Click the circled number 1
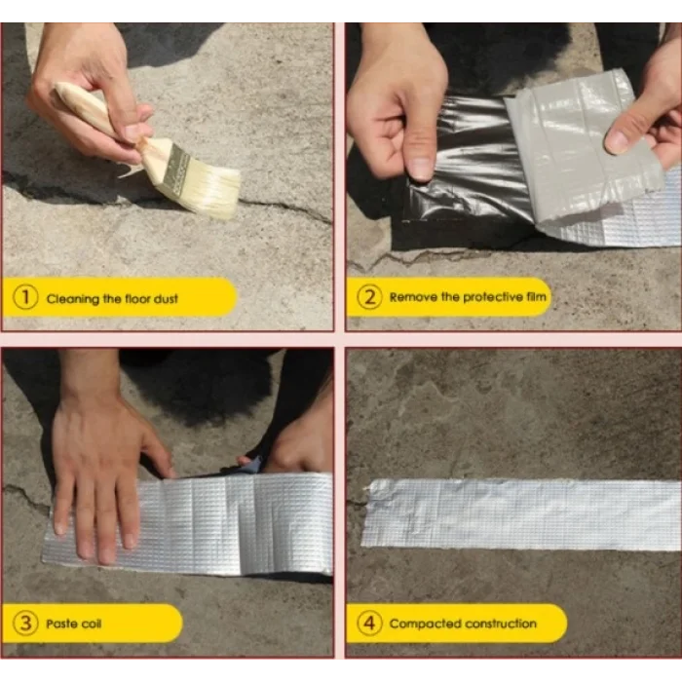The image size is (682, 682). click(x=25, y=299)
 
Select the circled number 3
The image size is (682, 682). click(x=25, y=624)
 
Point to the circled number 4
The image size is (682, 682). click(x=368, y=624)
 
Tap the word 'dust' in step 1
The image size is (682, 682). click(x=166, y=299)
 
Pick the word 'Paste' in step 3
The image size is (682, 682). click(x=62, y=624)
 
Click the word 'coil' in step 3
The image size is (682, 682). click(x=93, y=624)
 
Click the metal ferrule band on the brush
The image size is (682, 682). click(x=170, y=167)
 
